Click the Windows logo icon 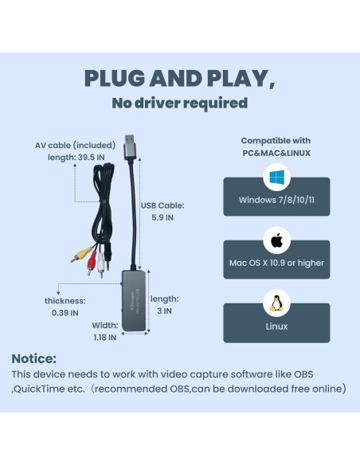276,176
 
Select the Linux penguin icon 276,303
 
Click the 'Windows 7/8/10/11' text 276,200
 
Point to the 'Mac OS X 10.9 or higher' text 276,263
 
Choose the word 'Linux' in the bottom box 276,326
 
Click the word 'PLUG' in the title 118,79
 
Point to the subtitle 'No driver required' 179,103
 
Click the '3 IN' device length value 163,311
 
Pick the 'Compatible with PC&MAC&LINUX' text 276,147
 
